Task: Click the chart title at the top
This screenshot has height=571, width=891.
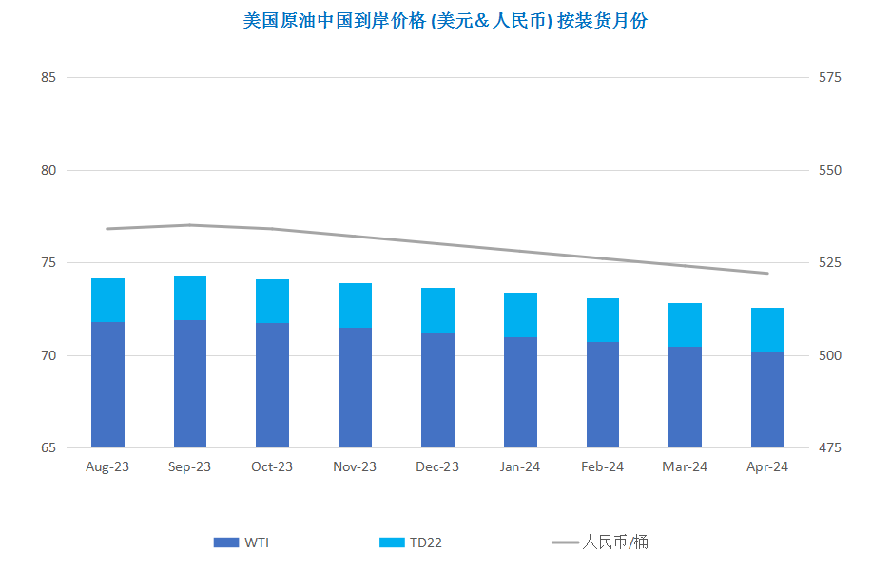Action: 445,21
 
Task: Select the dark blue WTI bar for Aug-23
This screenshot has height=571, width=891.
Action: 108,385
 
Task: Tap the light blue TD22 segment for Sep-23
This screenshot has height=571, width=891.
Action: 190,298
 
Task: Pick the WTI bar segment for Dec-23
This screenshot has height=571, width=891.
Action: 437,390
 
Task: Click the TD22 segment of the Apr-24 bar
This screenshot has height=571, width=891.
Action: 767,331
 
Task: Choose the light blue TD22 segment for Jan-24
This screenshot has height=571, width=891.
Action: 520,315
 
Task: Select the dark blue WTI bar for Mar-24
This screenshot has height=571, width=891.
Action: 685,397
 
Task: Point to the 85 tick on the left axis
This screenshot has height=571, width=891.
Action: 48,77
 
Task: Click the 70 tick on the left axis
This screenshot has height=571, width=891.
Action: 48,355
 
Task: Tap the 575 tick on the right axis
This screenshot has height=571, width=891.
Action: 829,77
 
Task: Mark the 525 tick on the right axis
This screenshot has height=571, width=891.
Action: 829,263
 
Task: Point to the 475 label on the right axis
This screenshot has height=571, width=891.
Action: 829,447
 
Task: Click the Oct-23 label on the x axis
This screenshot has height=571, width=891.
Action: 272,466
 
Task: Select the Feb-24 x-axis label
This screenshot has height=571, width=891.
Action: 602,466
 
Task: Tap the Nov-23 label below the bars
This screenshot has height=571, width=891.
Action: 355,466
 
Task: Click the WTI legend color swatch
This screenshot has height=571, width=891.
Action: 226,542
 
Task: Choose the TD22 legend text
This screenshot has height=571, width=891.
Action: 426,542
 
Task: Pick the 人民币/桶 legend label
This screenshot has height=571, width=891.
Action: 615,542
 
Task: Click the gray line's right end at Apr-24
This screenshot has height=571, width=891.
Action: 767,273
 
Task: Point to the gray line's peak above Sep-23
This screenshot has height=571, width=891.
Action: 190,225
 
